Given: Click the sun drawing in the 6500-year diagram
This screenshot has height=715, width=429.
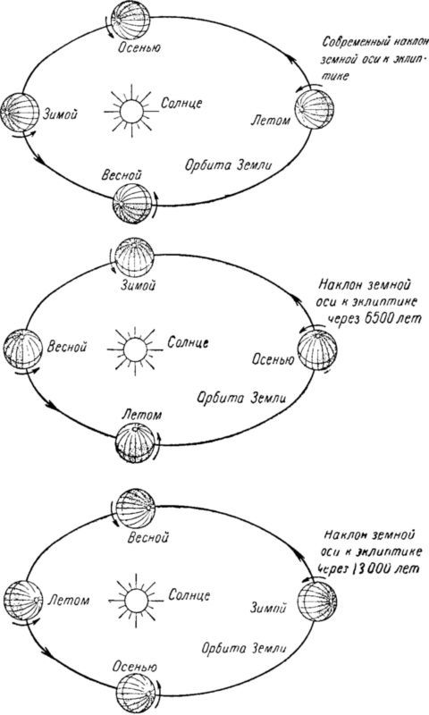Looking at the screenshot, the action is pyautogui.click(x=135, y=349).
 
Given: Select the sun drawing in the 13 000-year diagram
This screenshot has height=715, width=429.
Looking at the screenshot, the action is pyautogui.click(x=136, y=599).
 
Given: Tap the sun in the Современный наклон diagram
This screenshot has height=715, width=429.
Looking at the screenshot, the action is pyautogui.click(x=131, y=110).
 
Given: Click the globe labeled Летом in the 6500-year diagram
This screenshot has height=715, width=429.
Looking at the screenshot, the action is pyautogui.click(x=135, y=442).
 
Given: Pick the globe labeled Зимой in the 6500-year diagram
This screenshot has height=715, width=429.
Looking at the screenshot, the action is pyautogui.click(x=134, y=257).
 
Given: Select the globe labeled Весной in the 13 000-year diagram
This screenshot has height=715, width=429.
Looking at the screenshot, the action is pyautogui.click(x=136, y=508).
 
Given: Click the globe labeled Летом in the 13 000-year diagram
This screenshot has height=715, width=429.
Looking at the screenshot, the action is pyautogui.click(x=23, y=600).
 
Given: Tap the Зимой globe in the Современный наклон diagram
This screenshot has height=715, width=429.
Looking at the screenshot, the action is pyautogui.click(x=20, y=113).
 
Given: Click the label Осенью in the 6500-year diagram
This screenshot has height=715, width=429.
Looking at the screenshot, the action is pyautogui.click(x=273, y=360).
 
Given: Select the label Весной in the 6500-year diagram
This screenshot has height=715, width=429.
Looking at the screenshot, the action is pyautogui.click(x=66, y=347).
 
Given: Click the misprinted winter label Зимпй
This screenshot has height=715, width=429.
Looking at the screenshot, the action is pyautogui.click(x=268, y=608).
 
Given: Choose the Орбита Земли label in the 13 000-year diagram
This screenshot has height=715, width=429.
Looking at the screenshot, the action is pyautogui.click(x=244, y=649).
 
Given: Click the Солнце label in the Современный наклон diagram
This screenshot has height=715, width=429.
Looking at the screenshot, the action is pyautogui.click(x=181, y=103).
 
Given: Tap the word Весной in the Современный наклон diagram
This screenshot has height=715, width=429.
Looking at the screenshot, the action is pyautogui.click(x=122, y=175).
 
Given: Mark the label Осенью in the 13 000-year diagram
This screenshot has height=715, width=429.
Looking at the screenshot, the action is pyautogui.click(x=135, y=667).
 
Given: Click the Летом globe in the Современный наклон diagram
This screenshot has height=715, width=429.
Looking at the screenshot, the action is pyautogui.click(x=314, y=109).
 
